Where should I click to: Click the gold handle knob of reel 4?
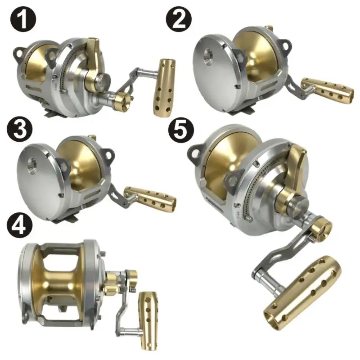[x=147, y=320]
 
